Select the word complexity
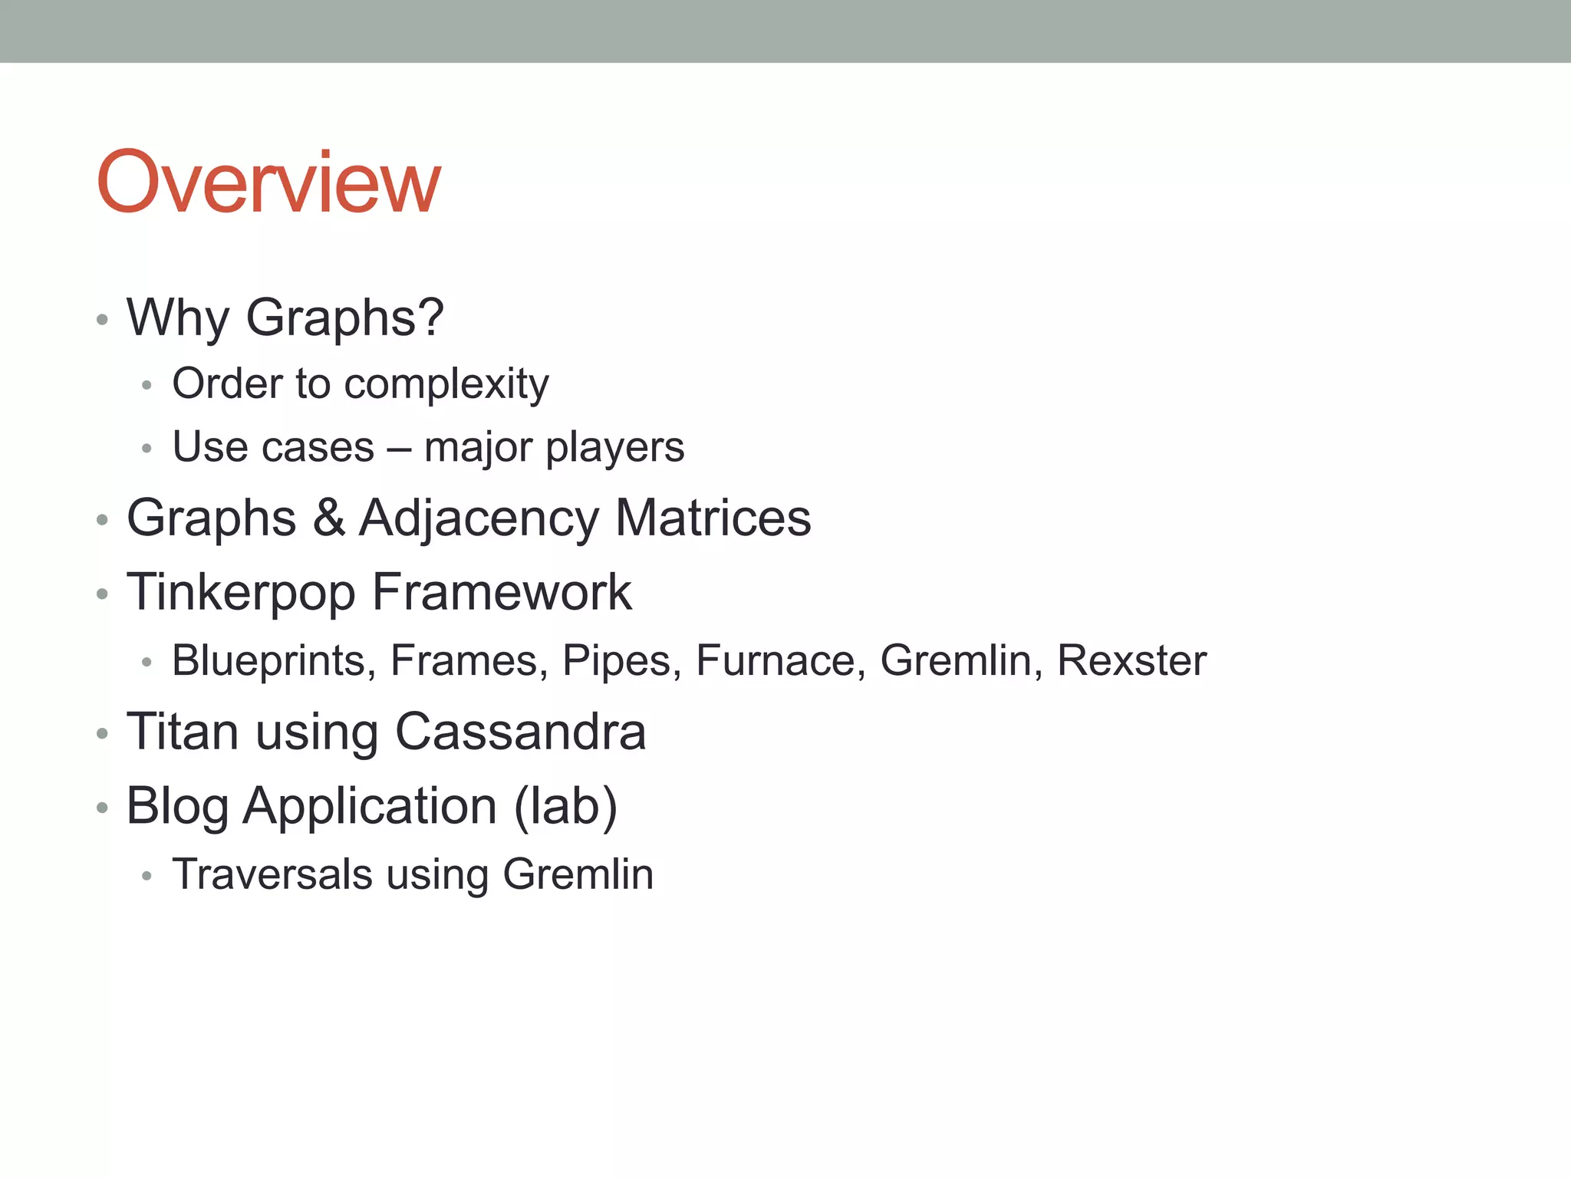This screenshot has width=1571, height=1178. (x=446, y=384)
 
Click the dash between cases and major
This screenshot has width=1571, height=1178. (x=398, y=449)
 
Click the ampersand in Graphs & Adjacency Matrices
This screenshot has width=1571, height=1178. (x=328, y=518)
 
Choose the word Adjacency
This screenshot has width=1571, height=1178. (x=478, y=519)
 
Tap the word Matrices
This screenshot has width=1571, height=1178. (x=713, y=518)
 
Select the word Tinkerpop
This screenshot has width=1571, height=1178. (x=241, y=593)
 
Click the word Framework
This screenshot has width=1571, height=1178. (x=502, y=591)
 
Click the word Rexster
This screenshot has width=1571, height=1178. (x=1131, y=660)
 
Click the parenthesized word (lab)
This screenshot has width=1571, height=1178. (x=565, y=806)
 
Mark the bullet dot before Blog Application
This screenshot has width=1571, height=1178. (x=103, y=808)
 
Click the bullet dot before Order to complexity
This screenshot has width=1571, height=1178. (x=147, y=386)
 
